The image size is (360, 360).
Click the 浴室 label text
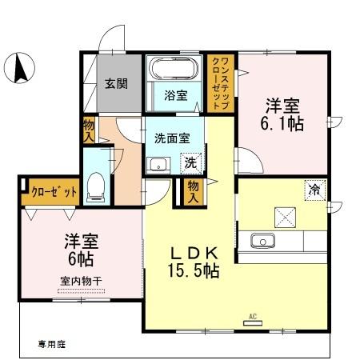pos(176,95)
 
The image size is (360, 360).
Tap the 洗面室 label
pos(173,137)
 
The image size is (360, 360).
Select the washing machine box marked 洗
pos(190,162)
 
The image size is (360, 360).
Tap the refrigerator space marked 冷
pos(315,190)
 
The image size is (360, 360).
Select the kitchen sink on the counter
pos(262,241)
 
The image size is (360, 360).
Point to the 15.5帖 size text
pos(192,271)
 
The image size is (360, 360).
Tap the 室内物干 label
pos(79,281)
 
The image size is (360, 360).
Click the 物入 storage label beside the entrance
pos(88,130)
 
